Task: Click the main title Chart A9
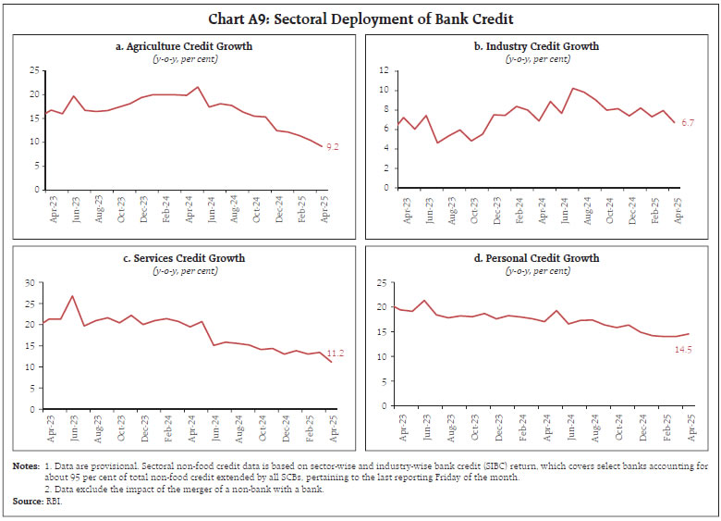click(x=360, y=19)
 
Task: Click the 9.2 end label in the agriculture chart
click(x=334, y=147)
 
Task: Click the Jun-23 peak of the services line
click(x=72, y=296)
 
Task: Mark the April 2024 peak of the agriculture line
click(x=197, y=87)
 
